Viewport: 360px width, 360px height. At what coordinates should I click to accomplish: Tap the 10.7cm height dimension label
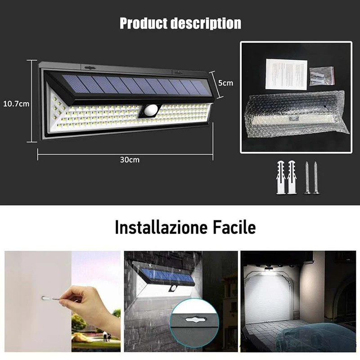pos(16,103)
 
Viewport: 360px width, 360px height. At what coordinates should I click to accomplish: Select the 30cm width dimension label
pos(129,159)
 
